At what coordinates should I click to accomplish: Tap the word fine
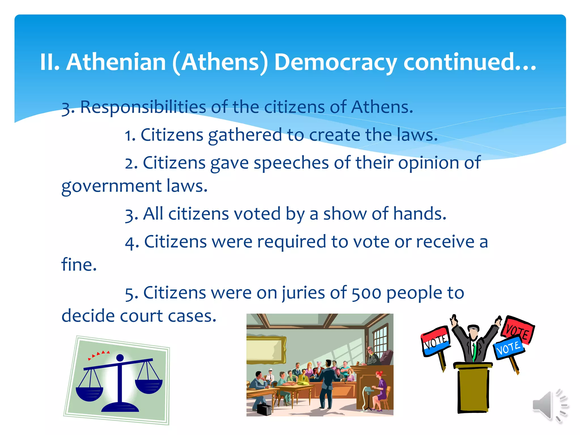pos(79,265)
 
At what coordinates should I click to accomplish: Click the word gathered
pos(245,135)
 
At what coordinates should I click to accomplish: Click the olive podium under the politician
pos(473,388)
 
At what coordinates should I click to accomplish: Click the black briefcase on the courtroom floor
pos(264,409)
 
